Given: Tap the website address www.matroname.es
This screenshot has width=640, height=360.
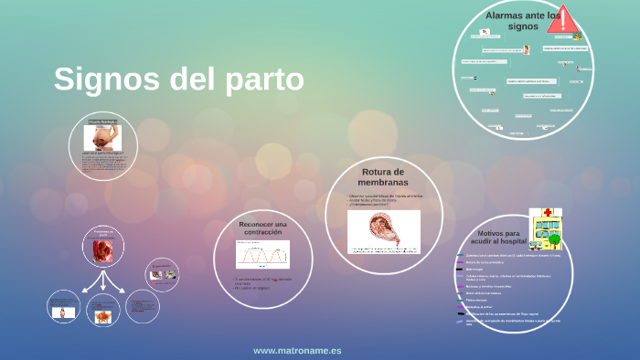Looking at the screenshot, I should pos(297,350).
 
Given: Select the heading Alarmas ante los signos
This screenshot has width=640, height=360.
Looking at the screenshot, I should pos(523,21).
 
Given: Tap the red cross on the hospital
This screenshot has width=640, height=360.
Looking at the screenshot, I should pos(548,212).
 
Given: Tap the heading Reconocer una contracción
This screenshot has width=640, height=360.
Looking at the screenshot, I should pos(262,228).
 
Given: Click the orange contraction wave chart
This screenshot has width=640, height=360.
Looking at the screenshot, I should pos(262,255).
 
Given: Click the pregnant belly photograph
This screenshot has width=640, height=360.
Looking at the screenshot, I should pos(102,136).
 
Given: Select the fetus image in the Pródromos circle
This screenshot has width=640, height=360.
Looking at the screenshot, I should pos(102,249).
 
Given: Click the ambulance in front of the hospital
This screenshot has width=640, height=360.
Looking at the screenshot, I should pos(536,245).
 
